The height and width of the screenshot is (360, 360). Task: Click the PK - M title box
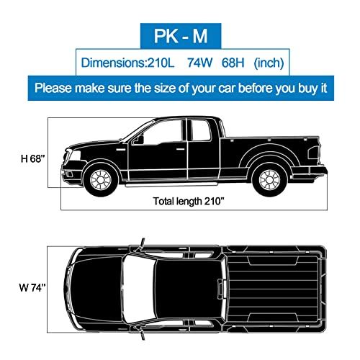180,34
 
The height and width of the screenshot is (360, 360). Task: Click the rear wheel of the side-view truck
269,177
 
